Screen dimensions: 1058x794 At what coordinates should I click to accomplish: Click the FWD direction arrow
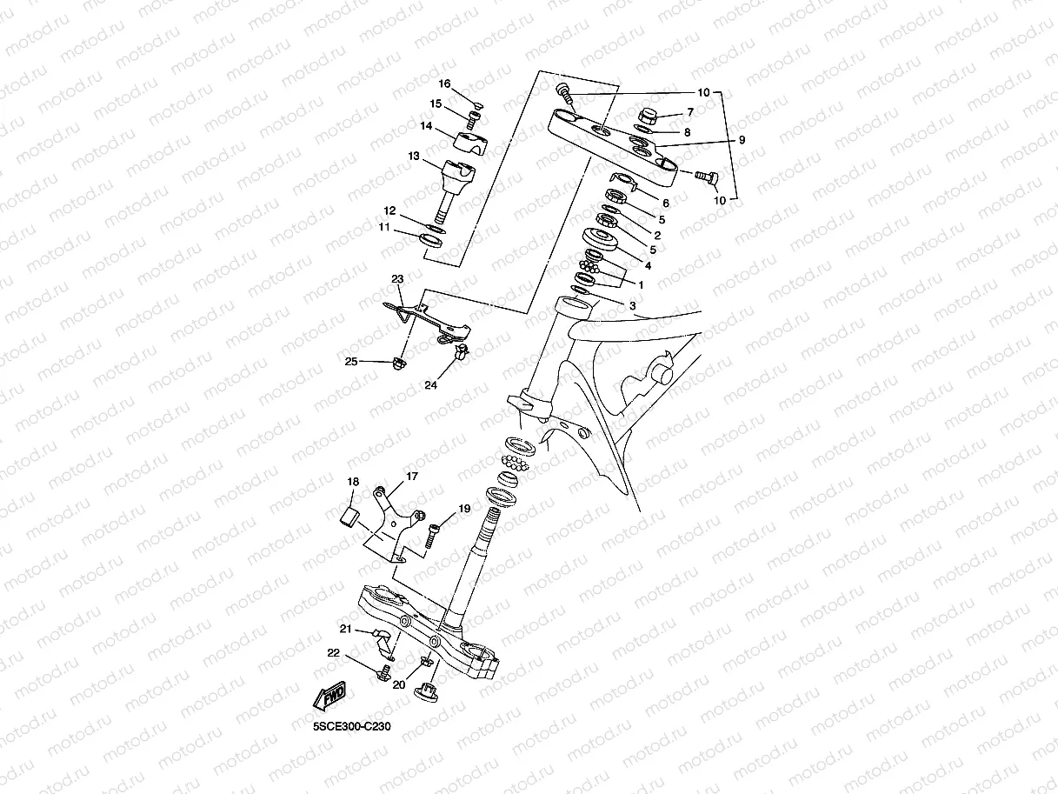[x=329, y=696]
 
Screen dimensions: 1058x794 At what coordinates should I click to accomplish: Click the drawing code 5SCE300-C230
[x=352, y=726]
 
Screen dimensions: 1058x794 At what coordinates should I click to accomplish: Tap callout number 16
[x=444, y=83]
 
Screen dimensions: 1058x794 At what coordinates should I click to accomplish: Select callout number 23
[x=397, y=279]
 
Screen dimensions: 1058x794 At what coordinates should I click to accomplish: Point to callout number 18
[x=353, y=482]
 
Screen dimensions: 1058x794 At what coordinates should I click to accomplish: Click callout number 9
[x=742, y=140]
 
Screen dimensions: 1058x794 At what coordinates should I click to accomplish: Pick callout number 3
[x=633, y=305]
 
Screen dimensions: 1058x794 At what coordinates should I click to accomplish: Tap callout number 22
[x=333, y=653]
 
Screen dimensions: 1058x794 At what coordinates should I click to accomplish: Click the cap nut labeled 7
[x=648, y=117]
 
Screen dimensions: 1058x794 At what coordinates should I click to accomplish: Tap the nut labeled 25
[x=398, y=363]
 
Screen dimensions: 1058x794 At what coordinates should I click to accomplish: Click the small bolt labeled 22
[x=384, y=673]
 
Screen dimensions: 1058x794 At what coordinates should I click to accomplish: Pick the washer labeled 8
[x=642, y=129]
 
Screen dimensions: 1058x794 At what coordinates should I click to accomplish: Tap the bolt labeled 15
[x=473, y=119]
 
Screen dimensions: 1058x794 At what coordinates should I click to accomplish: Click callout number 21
[x=346, y=629]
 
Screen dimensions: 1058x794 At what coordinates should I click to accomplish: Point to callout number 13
[x=414, y=157]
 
